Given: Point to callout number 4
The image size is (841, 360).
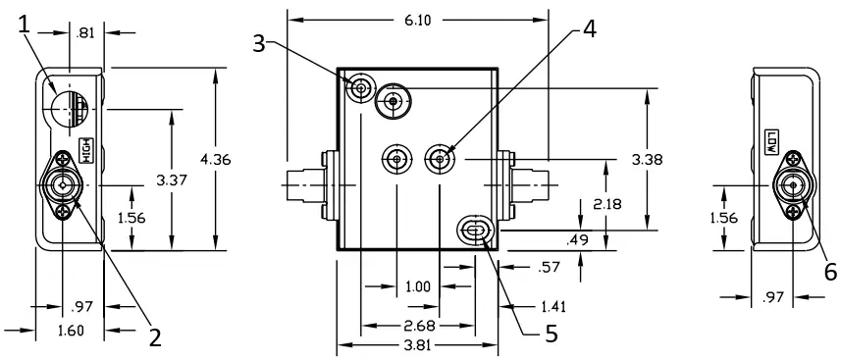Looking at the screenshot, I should click(589, 28).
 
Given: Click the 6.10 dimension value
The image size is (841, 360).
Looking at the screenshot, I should click(416, 19).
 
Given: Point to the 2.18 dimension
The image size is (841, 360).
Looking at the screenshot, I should click(607, 203).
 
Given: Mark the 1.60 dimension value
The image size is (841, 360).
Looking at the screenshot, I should click(71, 332).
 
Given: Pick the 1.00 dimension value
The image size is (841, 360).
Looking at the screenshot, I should click(417, 287).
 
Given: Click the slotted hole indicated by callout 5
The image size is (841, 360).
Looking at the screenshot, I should click(474, 231).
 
